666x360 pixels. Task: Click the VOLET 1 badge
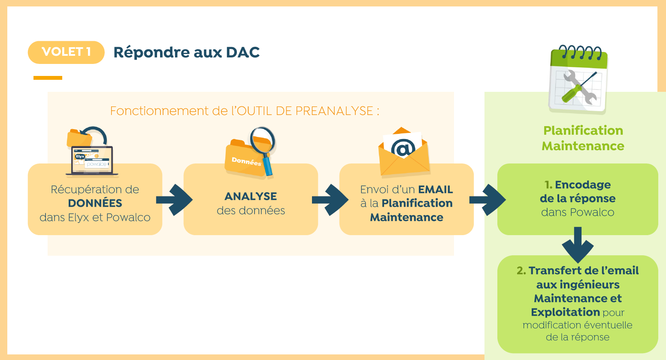(x=66, y=52)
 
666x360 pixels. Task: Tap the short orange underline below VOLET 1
(x=48, y=78)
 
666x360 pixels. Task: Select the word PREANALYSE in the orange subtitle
(x=334, y=111)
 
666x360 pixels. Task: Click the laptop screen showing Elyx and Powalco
(x=92, y=160)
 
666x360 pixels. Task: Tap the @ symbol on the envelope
(x=403, y=148)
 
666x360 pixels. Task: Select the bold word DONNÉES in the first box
(x=95, y=203)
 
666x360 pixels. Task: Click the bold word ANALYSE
(x=251, y=197)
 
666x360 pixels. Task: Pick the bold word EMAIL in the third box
(x=436, y=190)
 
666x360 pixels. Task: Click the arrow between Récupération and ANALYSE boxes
(x=174, y=200)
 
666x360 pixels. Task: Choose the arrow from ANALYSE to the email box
(x=330, y=200)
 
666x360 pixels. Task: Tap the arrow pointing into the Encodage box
(x=487, y=200)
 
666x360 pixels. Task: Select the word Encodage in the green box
(x=583, y=185)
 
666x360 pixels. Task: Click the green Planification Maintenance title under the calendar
(x=583, y=138)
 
